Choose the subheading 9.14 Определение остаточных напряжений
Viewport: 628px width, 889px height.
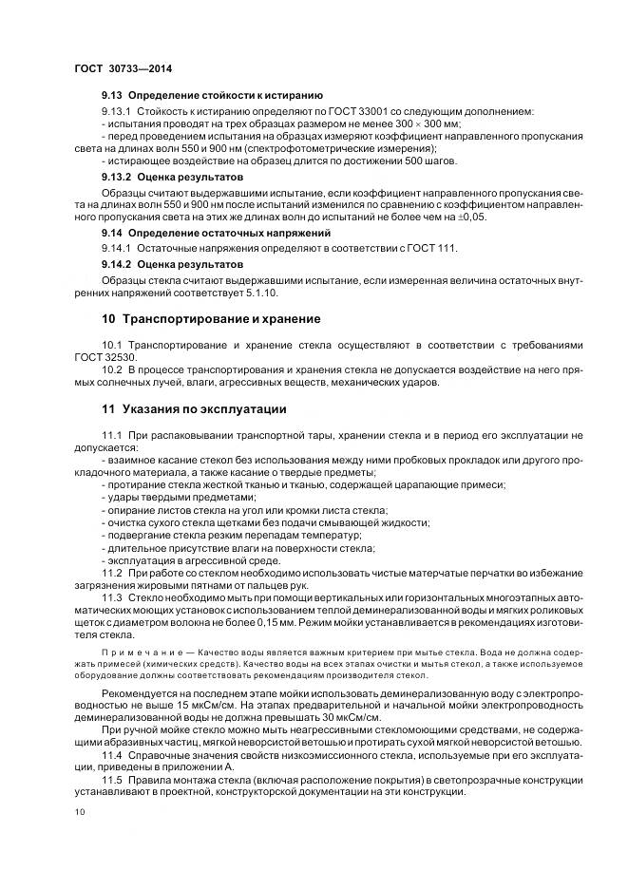(216, 233)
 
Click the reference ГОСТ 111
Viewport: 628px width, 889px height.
(435, 248)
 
